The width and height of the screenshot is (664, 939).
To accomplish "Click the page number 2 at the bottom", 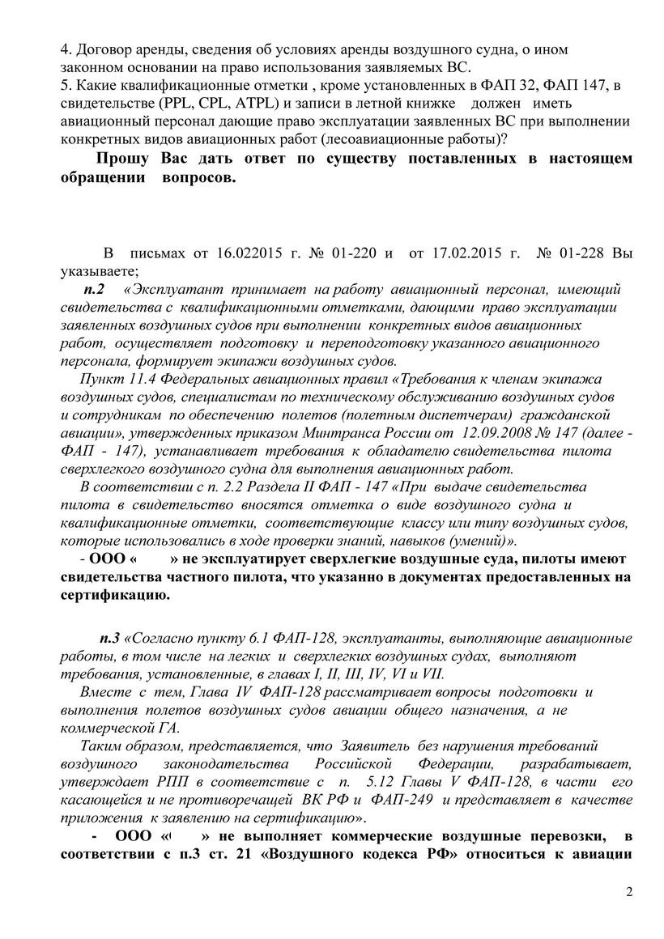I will pos(629,892).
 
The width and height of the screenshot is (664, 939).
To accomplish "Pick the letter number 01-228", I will pos(576,253).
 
